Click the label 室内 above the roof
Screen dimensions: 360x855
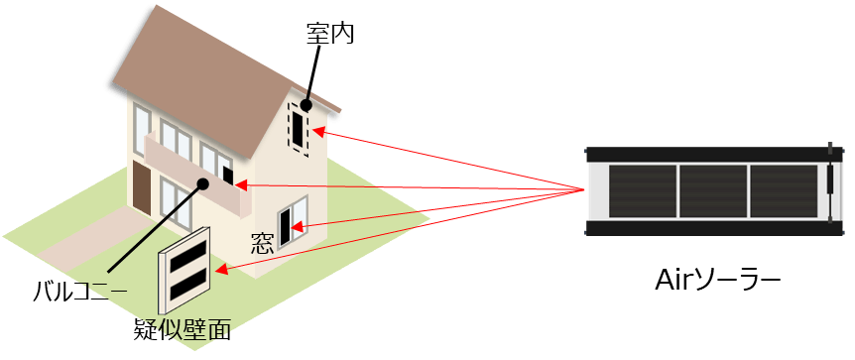click(330, 35)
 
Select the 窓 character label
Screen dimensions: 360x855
click(263, 240)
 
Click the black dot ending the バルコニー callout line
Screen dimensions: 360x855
click(203, 182)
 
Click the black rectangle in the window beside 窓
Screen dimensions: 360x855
click(288, 225)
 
